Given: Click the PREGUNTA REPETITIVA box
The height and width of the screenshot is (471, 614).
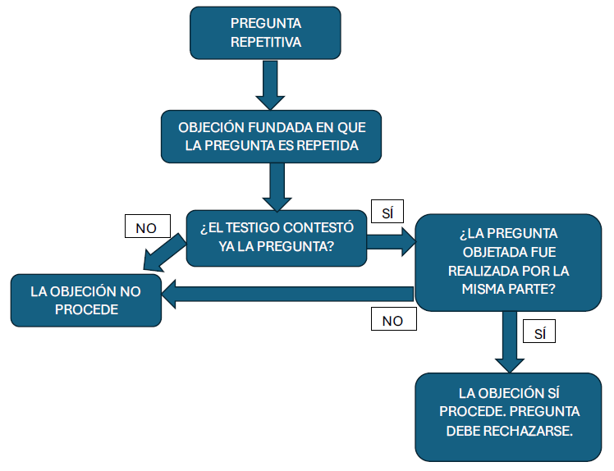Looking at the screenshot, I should coord(265,33).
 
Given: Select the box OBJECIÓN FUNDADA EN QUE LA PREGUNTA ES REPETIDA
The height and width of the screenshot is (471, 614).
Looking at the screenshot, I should coord(272,137).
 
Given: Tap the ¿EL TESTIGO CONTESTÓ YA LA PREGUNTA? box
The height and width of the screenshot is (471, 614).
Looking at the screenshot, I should coord(276,236).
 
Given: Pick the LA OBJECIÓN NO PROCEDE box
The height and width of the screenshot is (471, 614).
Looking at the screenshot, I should coord(85,300).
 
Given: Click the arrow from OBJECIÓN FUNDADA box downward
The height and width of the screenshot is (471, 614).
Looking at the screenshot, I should coord(276,185).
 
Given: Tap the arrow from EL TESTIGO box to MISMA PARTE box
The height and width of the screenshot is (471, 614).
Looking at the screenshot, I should coord(391,240).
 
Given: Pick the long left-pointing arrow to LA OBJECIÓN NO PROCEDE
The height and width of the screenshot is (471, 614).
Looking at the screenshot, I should coord(287,294).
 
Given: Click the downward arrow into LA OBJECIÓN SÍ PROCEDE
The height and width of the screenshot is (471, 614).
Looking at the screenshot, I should coord(510,342).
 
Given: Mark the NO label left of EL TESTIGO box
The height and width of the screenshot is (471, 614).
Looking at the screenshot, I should coord(146,227).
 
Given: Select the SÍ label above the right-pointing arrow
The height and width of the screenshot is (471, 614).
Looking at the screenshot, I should coord(387,212).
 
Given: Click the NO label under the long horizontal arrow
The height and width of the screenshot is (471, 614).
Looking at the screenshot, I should coord(393,319).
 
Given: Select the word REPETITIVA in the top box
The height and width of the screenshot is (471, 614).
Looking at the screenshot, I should coord(265,42).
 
